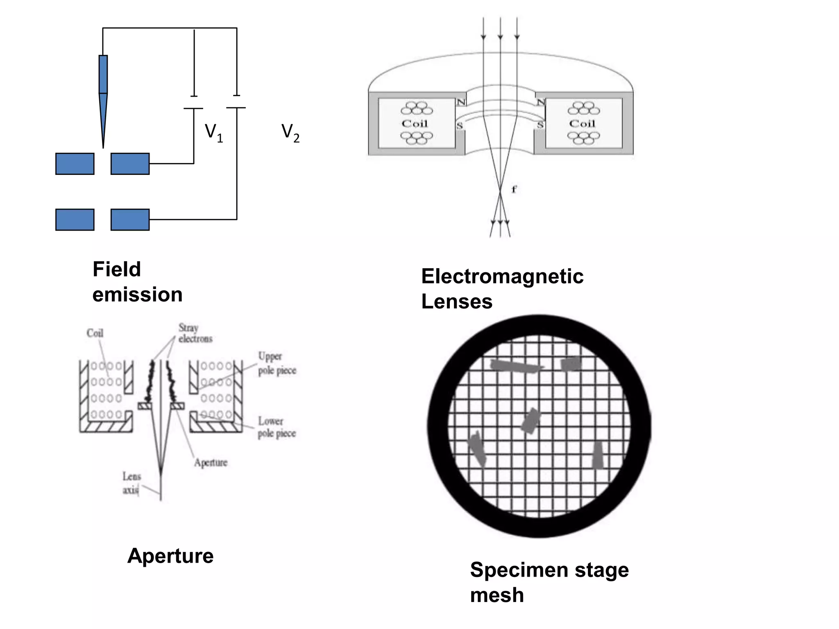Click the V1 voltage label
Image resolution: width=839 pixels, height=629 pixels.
coord(214,133)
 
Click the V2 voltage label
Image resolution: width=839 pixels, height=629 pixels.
coord(290,133)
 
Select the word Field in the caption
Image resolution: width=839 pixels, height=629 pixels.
coord(117,269)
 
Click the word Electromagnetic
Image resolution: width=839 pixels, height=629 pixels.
coord(502,276)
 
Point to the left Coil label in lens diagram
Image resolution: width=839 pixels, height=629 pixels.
coord(415,123)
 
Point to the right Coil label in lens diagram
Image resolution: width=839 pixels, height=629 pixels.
coord(582,123)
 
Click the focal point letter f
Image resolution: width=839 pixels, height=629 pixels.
coord(514,189)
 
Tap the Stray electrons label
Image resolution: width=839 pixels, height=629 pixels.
coord(195,333)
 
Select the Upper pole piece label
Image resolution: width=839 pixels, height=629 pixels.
coord(277,363)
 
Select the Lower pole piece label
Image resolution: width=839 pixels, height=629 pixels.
coord(277,427)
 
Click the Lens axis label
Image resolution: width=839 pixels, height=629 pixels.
coord(132,483)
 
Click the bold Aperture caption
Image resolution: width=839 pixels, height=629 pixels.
coord(170,556)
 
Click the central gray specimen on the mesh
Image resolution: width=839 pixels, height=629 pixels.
coord(531,421)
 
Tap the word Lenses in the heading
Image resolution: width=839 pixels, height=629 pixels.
coord(457,301)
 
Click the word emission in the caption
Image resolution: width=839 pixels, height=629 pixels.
coord(137,294)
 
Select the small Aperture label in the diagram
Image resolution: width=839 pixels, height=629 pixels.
coord(211,462)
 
